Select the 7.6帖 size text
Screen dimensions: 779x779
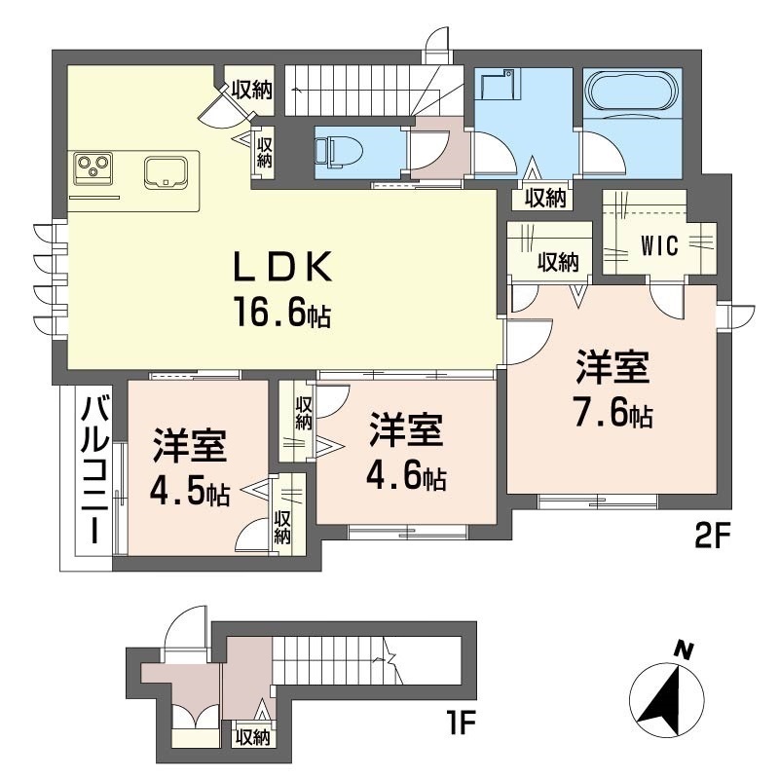point(611,415)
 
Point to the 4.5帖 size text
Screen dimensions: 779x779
point(189,493)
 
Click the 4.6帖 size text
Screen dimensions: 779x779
point(406,477)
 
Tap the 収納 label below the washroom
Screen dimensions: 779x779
point(545,198)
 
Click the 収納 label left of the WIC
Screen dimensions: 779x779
point(559,261)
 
